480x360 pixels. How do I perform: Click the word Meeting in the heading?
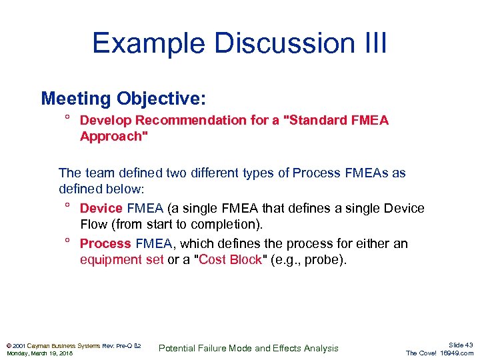(75, 99)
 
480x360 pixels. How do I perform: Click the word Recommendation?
(183, 120)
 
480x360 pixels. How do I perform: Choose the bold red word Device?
(101, 208)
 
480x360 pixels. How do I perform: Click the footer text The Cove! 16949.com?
(439, 353)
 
